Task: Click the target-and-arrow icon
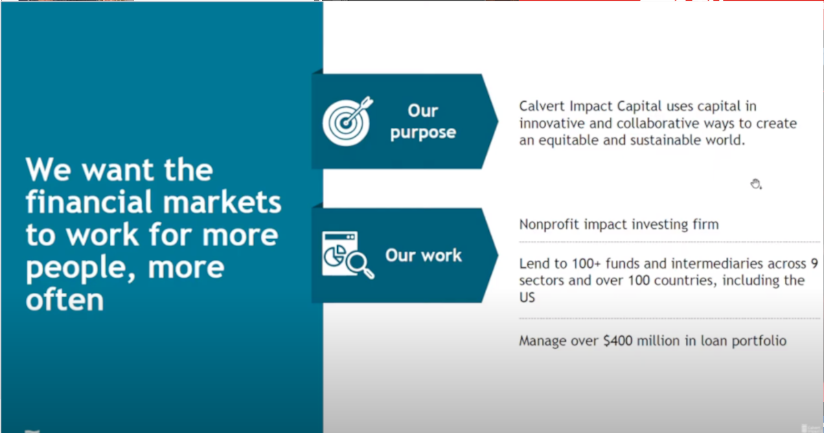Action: (x=348, y=120)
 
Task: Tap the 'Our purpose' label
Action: (x=422, y=122)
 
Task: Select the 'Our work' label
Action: (x=423, y=256)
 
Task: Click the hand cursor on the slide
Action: (x=755, y=184)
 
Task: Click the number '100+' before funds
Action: (x=591, y=263)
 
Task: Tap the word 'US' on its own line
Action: (x=527, y=298)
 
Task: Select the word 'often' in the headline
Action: (x=65, y=300)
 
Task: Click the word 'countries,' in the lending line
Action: (x=669, y=281)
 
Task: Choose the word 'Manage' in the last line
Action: (x=544, y=341)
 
